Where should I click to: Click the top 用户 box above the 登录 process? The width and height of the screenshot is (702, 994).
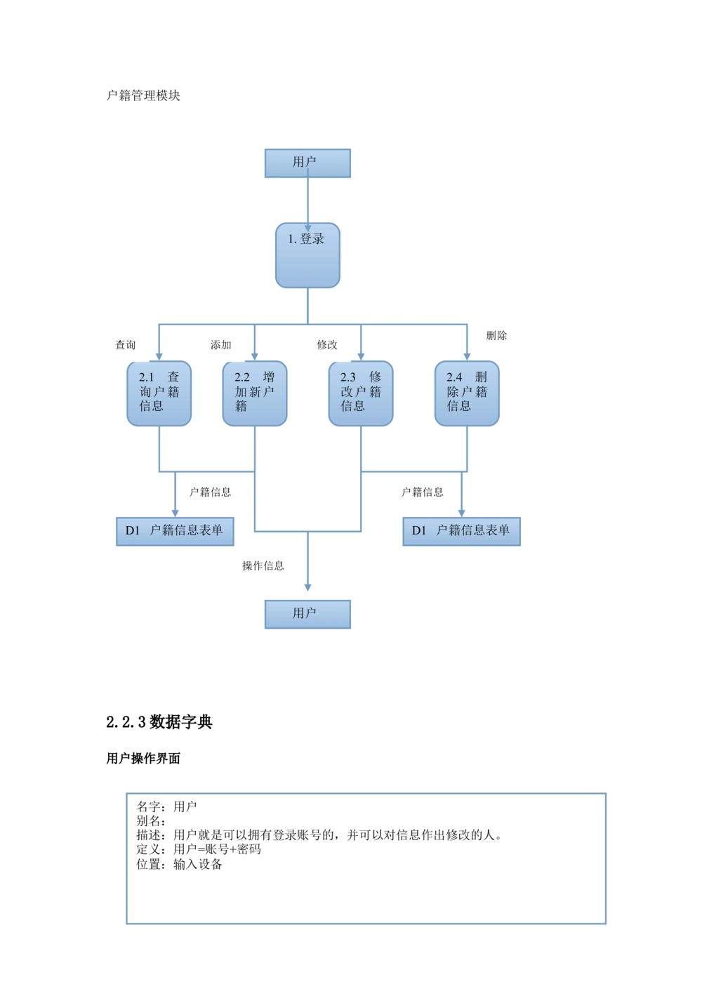(308, 162)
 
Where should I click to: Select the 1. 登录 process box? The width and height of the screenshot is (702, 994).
(308, 255)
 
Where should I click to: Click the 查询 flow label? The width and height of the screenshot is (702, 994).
(126, 345)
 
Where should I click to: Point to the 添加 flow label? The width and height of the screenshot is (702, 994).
(222, 345)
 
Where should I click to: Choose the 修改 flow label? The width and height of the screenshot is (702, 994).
(328, 345)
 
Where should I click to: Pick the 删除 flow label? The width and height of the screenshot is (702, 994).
(497, 336)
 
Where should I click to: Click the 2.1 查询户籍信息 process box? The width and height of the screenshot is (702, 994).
(159, 393)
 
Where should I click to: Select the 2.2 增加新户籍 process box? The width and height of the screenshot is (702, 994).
(254, 393)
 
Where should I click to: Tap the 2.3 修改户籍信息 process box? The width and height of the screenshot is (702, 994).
(361, 393)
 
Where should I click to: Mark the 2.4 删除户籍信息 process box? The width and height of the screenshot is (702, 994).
(467, 393)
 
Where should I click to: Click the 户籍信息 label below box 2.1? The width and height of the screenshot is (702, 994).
(211, 492)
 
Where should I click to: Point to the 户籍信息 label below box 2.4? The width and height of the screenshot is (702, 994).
(423, 492)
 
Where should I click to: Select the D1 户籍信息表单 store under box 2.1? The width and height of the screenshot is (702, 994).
(173, 531)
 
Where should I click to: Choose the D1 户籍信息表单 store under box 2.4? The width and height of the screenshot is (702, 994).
(461, 531)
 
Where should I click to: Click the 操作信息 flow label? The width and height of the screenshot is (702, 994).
(263, 566)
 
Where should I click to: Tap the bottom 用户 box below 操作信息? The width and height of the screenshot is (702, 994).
(308, 614)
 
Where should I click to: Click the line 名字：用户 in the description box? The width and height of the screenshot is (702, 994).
(166, 806)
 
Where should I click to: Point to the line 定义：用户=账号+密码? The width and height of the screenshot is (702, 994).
(199, 849)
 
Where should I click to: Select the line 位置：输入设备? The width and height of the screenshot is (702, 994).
(179, 864)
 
